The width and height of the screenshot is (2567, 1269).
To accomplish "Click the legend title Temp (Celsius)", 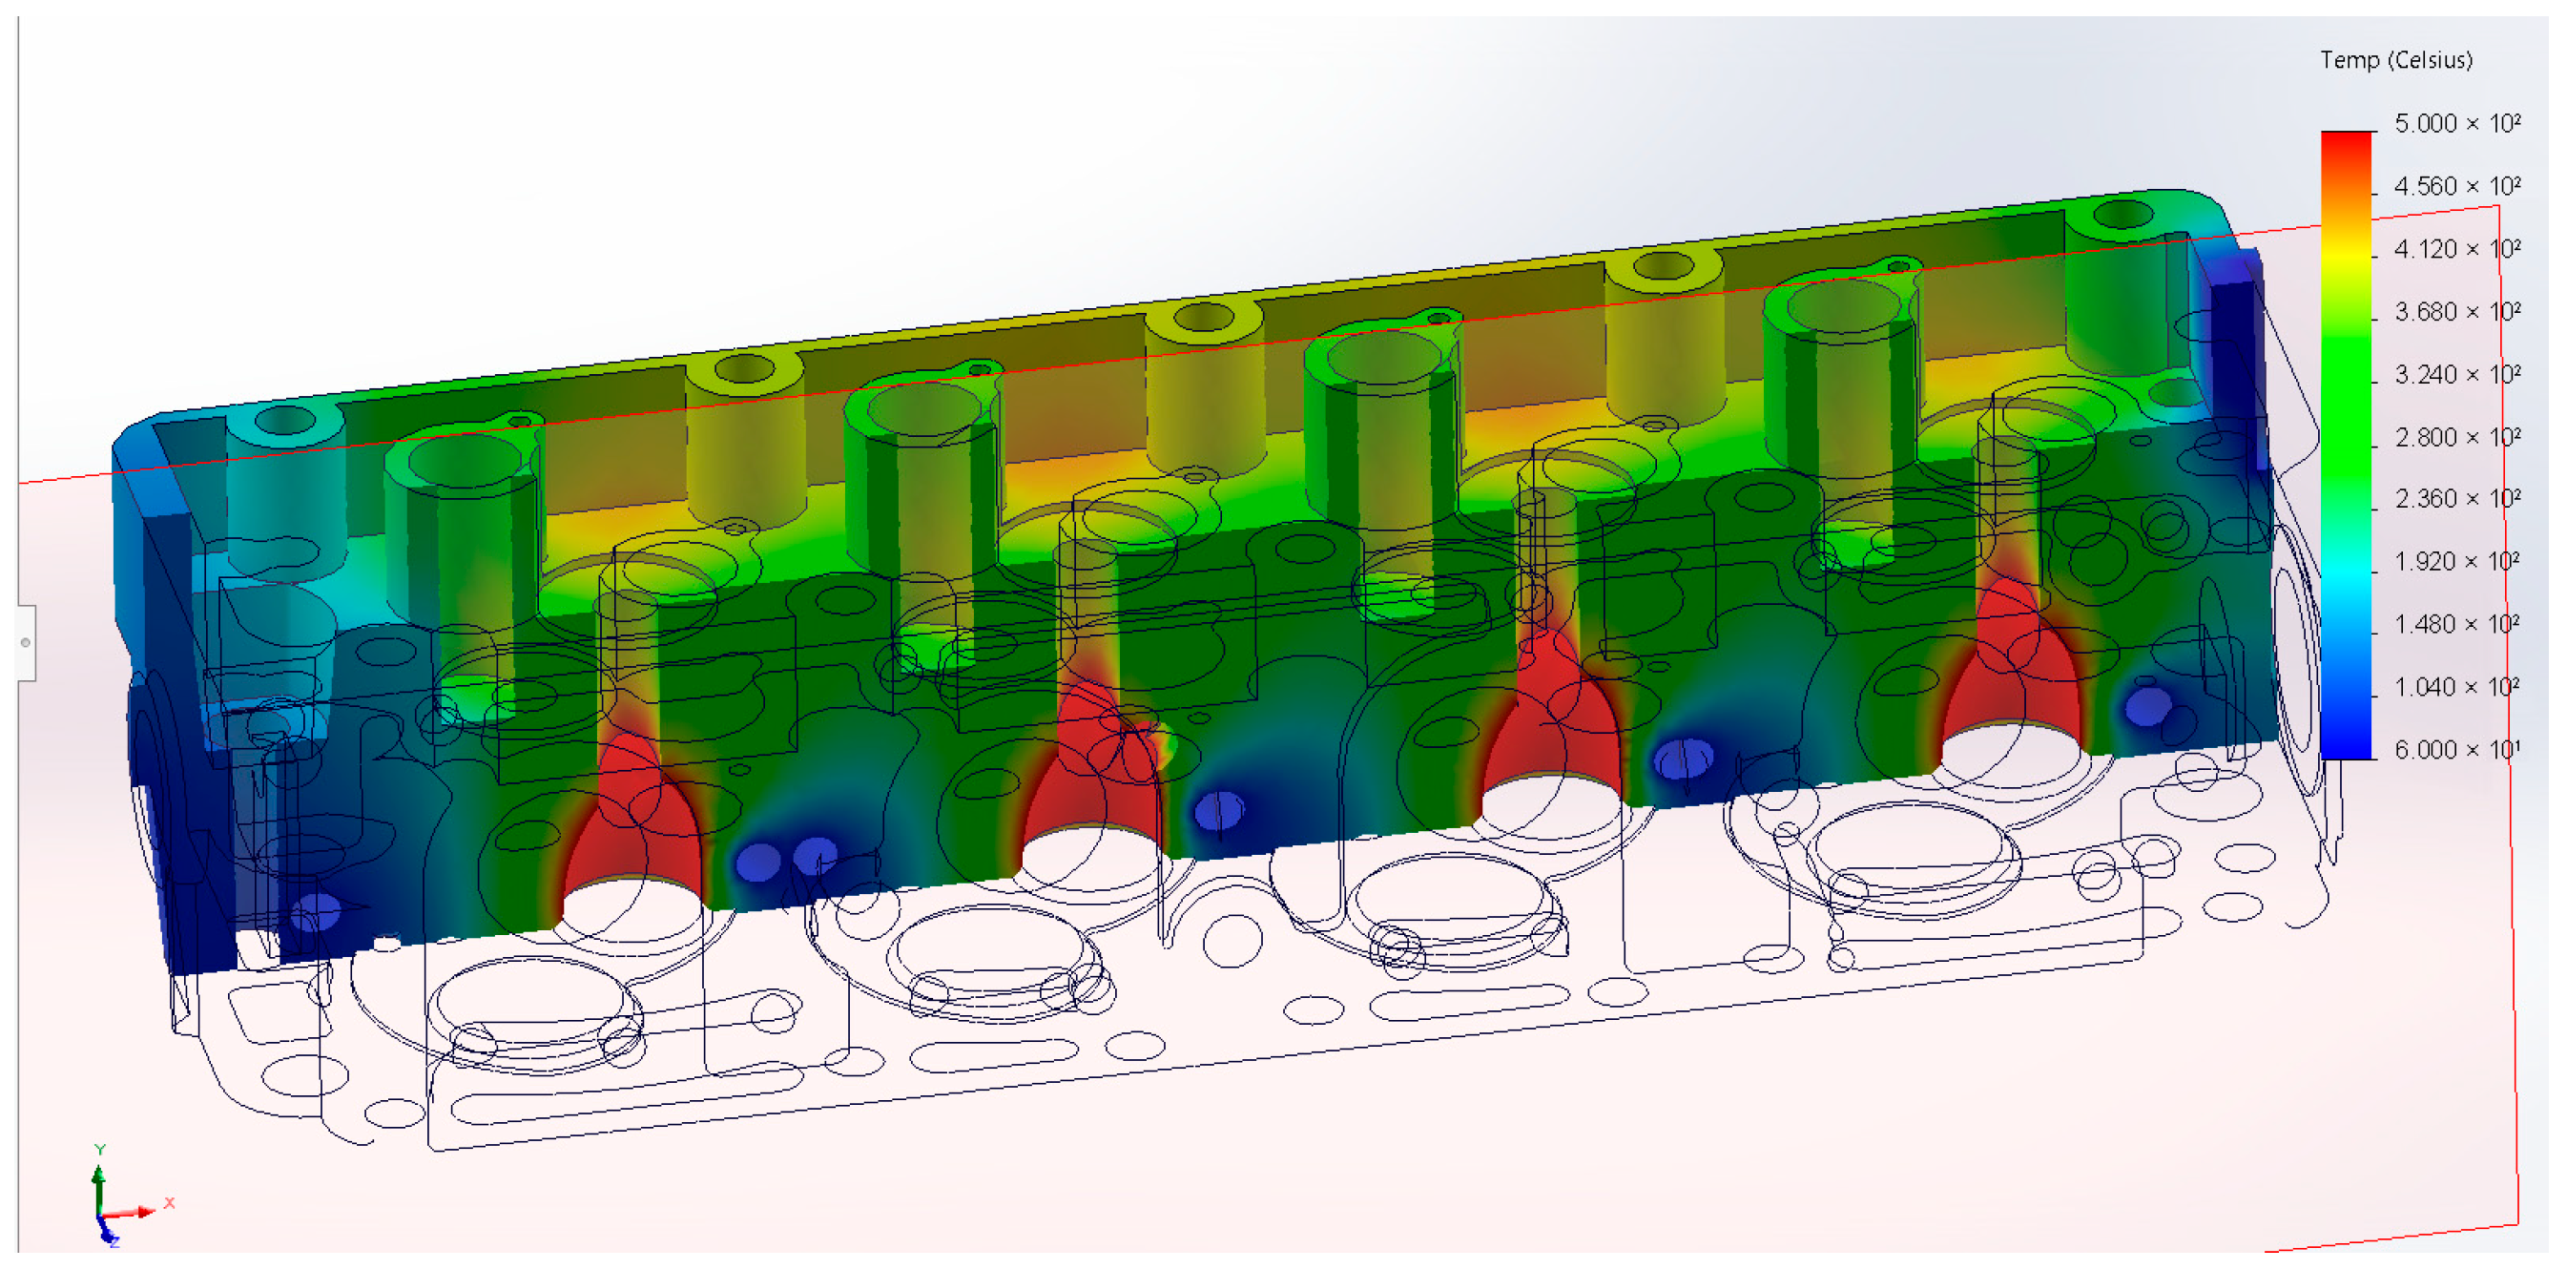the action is coord(2395,60).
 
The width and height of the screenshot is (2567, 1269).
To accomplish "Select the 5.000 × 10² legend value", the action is coord(2457,123).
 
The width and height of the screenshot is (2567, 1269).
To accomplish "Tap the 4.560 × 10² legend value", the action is coord(2457,185).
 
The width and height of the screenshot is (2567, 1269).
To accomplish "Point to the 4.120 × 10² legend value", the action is coord(2457,248).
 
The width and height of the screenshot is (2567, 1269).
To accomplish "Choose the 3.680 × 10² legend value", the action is coord(2457,311).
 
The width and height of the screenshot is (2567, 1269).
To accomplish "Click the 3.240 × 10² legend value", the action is coord(2457,374).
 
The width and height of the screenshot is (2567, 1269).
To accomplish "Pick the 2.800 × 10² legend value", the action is coord(2457,437).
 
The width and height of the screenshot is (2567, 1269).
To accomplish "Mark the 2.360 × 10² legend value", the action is coord(2457,498).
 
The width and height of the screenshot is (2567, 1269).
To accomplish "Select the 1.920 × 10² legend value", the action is coord(2457,561).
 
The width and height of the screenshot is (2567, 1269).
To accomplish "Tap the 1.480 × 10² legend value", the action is coord(2457,624).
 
